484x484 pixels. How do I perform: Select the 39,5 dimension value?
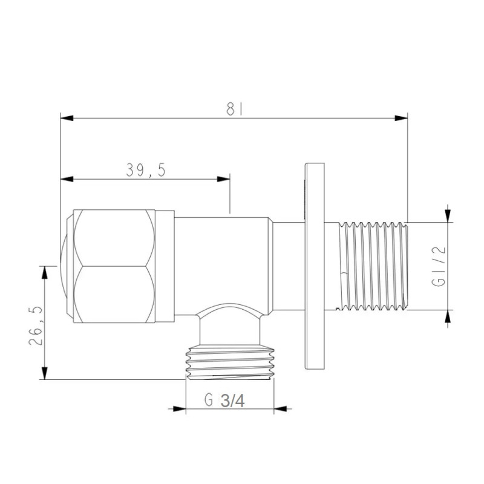146,171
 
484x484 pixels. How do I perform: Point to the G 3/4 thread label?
224,401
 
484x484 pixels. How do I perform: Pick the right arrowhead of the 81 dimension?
401,118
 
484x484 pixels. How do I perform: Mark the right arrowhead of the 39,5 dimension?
224,179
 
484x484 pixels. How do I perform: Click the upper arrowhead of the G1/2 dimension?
448,215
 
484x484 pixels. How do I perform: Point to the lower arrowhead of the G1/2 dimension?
448,316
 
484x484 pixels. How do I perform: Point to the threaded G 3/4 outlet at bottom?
231,363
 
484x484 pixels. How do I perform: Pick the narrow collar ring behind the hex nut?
165,266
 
